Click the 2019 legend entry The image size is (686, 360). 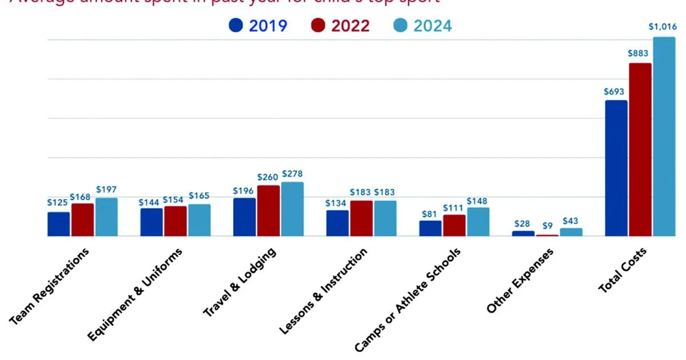(x=258, y=26)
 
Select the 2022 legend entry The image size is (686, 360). (x=341, y=26)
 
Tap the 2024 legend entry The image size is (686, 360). (x=423, y=26)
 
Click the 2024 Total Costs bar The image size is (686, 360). (x=664, y=137)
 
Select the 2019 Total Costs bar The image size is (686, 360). (x=616, y=169)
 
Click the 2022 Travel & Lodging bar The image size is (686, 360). (x=269, y=211)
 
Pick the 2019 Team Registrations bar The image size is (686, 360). (x=59, y=224)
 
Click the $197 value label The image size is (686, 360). (x=107, y=189)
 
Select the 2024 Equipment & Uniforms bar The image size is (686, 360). (x=200, y=220)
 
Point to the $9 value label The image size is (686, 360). (x=547, y=226)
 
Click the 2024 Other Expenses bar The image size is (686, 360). (x=571, y=232)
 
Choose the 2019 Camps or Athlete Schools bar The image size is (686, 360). (x=430, y=228)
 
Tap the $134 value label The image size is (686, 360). (x=337, y=202)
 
